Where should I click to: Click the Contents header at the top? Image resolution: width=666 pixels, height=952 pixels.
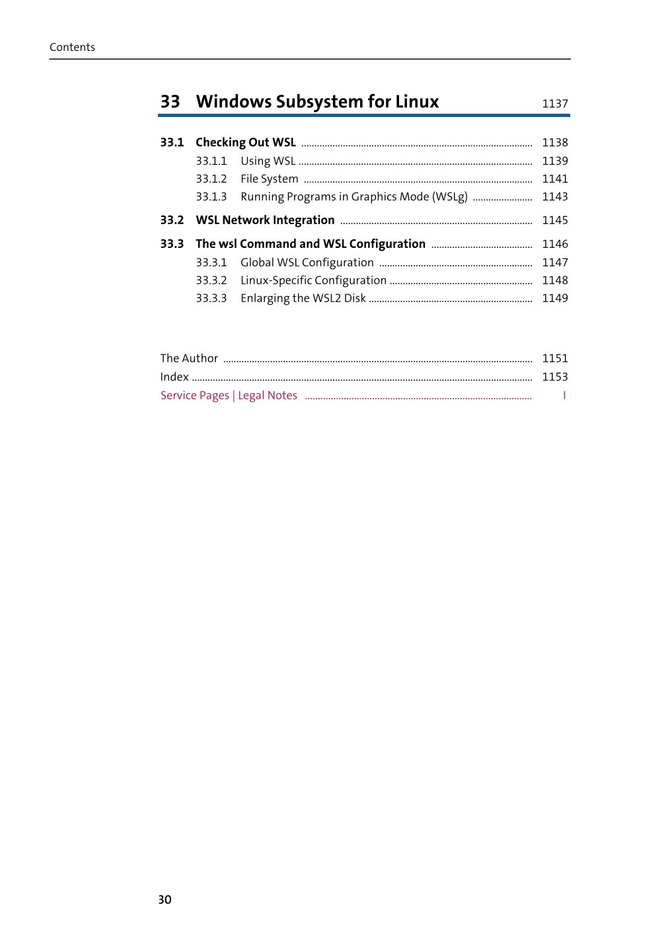pyautogui.click(x=72, y=47)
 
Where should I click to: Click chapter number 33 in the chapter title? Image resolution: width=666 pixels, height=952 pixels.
pyautogui.click(x=170, y=102)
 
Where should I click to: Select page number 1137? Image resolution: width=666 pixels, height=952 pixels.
pyautogui.click(x=554, y=104)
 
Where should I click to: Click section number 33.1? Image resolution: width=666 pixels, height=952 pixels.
pyautogui.click(x=172, y=143)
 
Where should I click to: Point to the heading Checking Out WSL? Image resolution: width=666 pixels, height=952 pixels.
pyautogui.click(x=246, y=143)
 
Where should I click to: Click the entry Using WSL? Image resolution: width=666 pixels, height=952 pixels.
pyautogui.click(x=268, y=161)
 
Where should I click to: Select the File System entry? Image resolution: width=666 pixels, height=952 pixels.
pyautogui.click(x=269, y=179)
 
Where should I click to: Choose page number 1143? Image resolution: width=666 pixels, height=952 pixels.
pyautogui.click(x=554, y=197)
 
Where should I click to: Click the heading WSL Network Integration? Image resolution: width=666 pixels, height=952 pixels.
pyautogui.click(x=265, y=220)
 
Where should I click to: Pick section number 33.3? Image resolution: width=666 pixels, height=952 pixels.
pyautogui.click(x=172, y=244)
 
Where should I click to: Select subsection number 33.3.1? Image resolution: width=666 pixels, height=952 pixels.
pyautogui.click(x=211, y=262)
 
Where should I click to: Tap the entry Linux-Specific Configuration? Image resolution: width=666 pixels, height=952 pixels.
pyautogui.click(x=313, y=280)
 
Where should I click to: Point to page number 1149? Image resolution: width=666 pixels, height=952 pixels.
pyautogui.click(x=554, y=298)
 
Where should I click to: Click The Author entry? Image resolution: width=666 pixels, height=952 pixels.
pyautogui.click(x=189, y=358)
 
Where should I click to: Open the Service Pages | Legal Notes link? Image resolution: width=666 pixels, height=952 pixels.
pyautogui.click(x=229, y=395)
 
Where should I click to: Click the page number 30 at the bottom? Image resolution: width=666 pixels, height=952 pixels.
pyautogui.click(x=165, y=900)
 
